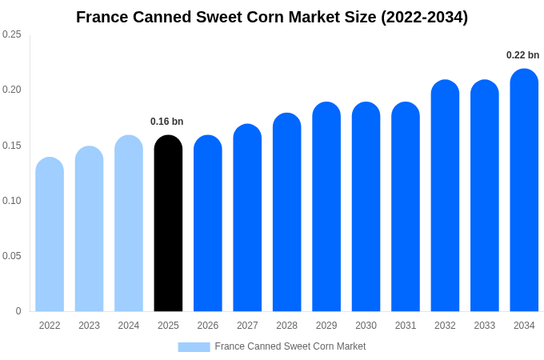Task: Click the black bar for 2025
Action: click(168, 223)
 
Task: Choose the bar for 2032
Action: click(445, 196)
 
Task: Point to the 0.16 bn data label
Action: click(167, 122)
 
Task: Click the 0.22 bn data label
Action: click(522, 55)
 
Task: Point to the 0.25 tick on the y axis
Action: click(12, 34)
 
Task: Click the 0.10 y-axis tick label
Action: click(12, 201)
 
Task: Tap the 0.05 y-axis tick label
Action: click(12, 256)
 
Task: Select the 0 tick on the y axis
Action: click(18, 311)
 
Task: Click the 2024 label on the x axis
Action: click(129, 326)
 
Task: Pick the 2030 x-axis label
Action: click(366, 326)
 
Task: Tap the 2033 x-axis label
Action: click(485, 326)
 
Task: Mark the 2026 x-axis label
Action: click(208, 326)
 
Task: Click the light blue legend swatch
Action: click(194, 346)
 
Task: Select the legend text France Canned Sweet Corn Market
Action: click(290, 346)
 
